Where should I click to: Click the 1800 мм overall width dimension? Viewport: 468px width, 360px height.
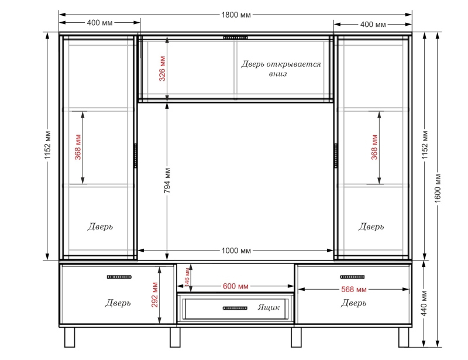[x=236, y=15]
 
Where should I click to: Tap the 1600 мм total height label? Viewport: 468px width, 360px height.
[x=438, y=188]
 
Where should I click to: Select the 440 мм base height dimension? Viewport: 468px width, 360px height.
[x=425, y=304]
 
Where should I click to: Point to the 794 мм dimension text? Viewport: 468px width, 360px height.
[x=167, y=180]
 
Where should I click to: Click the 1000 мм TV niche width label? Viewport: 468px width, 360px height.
[x=236, y=251]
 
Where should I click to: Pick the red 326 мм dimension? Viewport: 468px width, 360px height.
[x=162, y=68]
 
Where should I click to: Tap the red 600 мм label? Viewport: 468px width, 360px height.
[x=236, y=286]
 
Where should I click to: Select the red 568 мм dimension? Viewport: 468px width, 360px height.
[x=354, y=289]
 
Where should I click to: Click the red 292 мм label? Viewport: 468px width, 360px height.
[x=154, y=295]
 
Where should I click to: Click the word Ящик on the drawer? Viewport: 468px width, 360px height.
[x=269, y=307]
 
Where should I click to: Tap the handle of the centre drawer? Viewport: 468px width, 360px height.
[x=235, y=308]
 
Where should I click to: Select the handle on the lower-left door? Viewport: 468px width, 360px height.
[x=119, y=277]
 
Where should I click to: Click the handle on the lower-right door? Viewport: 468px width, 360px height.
[x=352, y=277]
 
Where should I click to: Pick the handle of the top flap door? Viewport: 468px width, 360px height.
[x=236, y=37]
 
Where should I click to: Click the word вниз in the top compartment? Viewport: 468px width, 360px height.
[x=278, y=74]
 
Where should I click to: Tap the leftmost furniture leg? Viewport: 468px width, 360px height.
[x=70, y=337]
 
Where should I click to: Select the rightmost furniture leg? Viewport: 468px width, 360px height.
[x=404, y=337]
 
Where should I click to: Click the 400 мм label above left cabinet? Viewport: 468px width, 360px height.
[x=99, y=23]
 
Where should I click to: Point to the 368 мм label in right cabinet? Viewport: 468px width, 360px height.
[x=374, y=147]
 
